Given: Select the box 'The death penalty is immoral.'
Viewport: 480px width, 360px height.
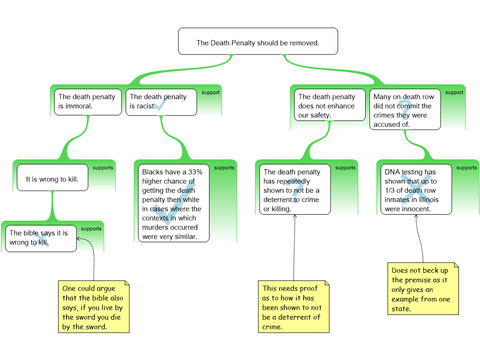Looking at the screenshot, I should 88,102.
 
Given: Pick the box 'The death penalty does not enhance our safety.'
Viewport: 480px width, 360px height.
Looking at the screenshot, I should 330,105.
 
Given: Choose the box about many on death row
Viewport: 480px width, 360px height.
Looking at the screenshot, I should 405,110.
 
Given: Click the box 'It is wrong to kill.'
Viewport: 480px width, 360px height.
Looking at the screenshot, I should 52,178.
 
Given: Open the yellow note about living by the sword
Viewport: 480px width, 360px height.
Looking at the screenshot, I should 93,307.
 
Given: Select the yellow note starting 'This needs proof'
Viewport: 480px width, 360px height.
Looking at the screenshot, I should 293,307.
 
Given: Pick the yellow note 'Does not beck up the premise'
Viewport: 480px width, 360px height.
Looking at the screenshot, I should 423,289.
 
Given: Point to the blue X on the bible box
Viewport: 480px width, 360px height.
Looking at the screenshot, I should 41,241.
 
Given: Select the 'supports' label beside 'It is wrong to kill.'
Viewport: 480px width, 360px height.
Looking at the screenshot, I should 103,168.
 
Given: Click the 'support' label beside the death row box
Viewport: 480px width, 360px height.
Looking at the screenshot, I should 454,92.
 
